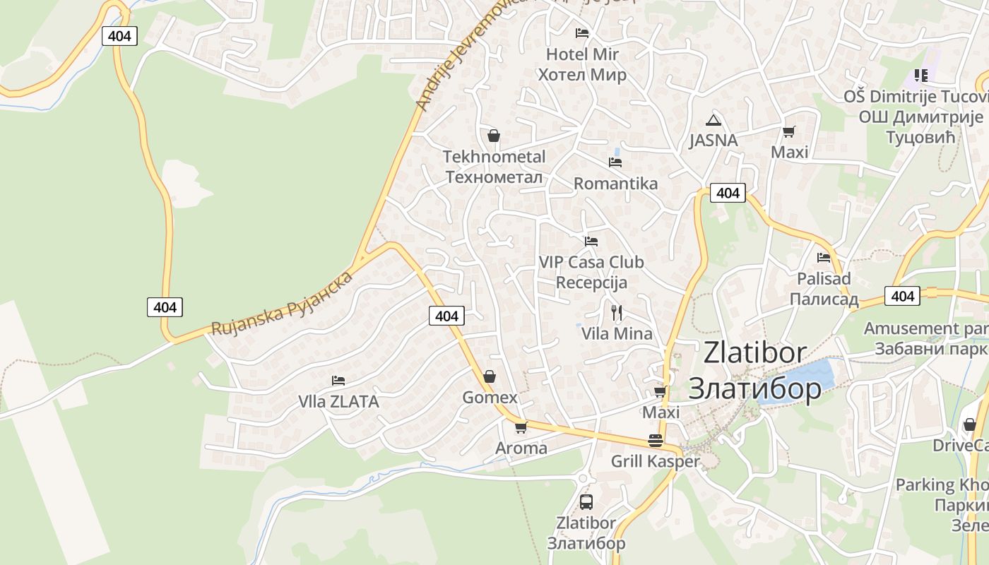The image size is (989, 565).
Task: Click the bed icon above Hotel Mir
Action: [x=582, y=32]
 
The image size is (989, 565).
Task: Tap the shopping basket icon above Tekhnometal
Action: [x=494, y=136]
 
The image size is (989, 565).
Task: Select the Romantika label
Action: [x=615, y=184]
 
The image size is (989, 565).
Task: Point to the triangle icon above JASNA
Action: [x=713, y=120]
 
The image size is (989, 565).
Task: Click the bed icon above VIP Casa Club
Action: [x=591, y=242]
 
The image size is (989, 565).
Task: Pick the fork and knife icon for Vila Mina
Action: [x=617, y=312]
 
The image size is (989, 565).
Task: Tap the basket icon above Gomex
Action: [x=489, y=376]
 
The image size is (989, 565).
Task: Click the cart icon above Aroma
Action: [x=521, y=427]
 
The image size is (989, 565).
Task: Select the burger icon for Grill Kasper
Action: [x=656, y=441]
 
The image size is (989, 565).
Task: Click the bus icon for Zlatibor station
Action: [x=586, y=502]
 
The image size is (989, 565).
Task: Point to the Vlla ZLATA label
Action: [x=338, y=402]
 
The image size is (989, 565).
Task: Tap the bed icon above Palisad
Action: [x=823, y=258]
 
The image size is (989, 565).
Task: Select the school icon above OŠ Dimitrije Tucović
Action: [x=920, y=75]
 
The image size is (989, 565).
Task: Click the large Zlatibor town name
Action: [x=754, y=370]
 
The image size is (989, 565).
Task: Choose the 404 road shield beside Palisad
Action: [x=903, y=296]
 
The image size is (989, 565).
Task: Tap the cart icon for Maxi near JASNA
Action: [x=789, y=131]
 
